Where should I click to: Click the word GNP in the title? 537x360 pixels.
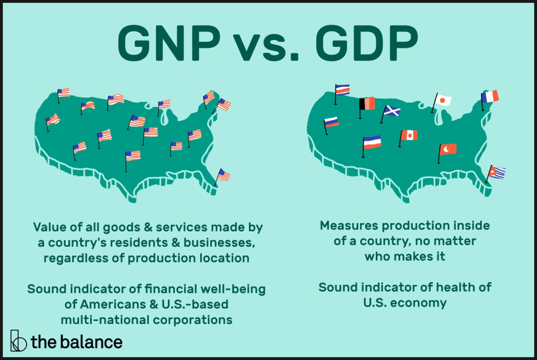[169, 43]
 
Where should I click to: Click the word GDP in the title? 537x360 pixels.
[367, 43]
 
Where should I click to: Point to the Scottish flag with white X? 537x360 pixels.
[391, 111]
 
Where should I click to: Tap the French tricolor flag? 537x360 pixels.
[490, 97]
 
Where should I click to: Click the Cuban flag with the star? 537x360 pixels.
[496, 172]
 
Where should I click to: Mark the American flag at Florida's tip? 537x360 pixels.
[223, 175]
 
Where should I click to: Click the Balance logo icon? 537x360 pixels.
[18, 341]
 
